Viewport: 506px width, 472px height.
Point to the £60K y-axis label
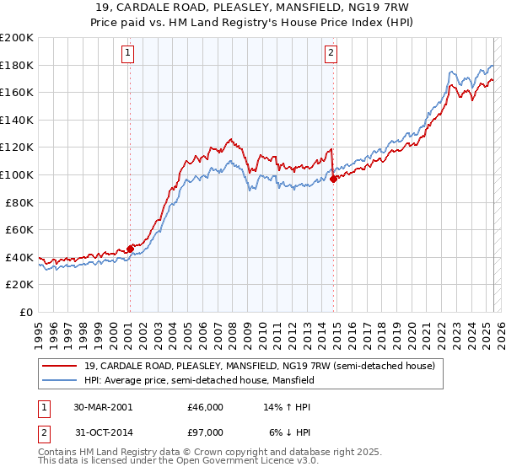pos(19,229)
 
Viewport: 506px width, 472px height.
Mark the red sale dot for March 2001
pos(130,249)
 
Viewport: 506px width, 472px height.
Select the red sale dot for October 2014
pos(334,178)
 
